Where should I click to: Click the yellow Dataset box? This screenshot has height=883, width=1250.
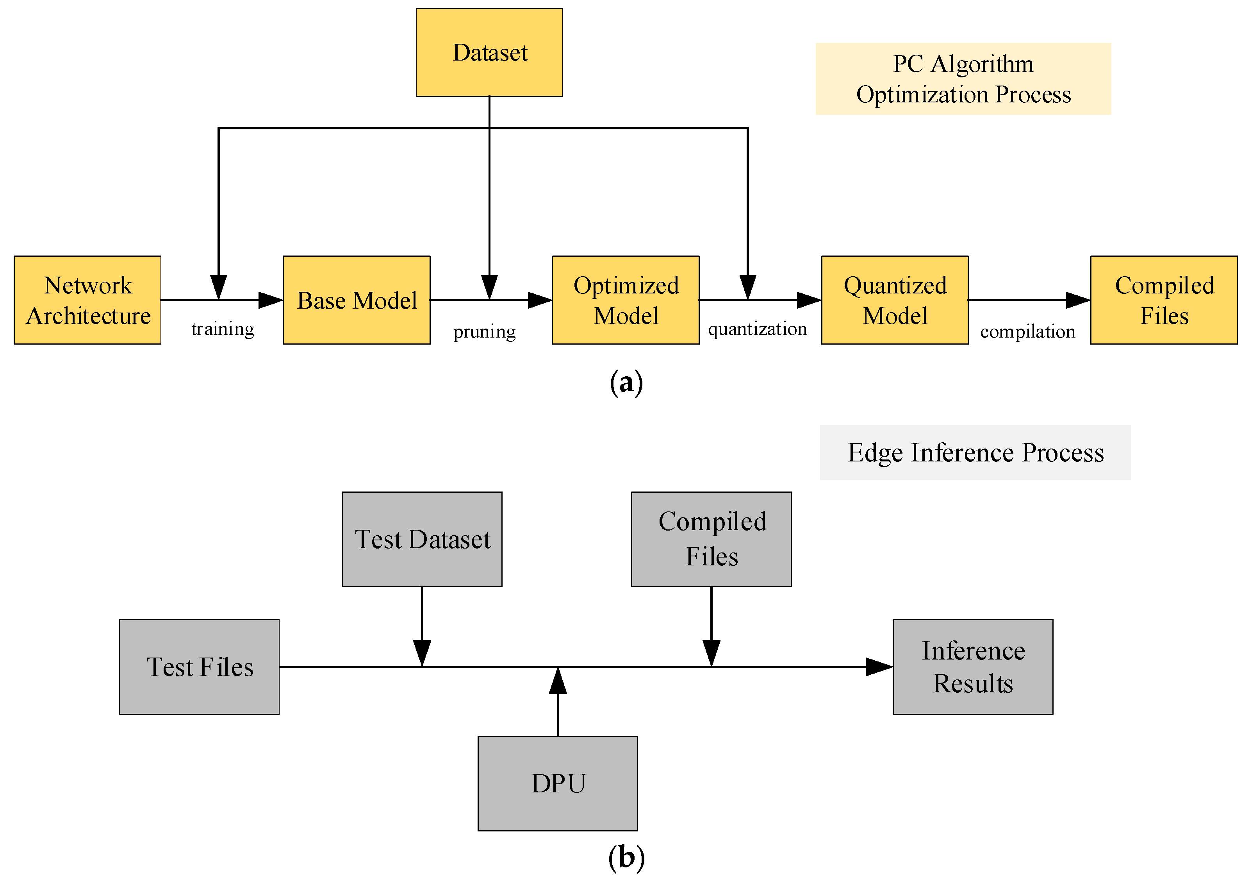(x=489, y=52)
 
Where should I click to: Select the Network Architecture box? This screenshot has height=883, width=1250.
(x=87, y=300)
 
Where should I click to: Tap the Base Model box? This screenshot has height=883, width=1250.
(x=357, y=300)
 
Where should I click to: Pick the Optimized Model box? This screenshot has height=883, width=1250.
(x=626, y=300)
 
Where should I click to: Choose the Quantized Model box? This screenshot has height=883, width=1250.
(x=895, y=300)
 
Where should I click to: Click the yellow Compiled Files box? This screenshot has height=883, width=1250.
(x=1164, y=300)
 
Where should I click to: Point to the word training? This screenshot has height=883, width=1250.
(x=223, y=329)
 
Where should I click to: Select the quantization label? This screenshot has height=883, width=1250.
(x=757, y=329)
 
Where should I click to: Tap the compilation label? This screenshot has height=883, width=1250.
(x=1027, y=331)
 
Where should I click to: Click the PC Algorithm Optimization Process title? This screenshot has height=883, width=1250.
(x=963, y=79)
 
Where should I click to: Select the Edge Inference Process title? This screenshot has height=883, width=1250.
(x=975, y=453)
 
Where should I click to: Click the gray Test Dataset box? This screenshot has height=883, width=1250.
(x=422, y=539)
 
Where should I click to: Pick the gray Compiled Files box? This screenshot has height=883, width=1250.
(x=711, y=539)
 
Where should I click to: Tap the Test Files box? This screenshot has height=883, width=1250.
(x=199, y=667)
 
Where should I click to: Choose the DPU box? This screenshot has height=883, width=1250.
(x=558, y=783)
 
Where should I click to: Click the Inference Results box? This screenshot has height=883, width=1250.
(x=973, y=667)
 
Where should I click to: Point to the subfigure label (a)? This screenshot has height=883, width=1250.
(x=626, y=383)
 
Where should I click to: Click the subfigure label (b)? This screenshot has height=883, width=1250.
(x=626, y=857)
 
